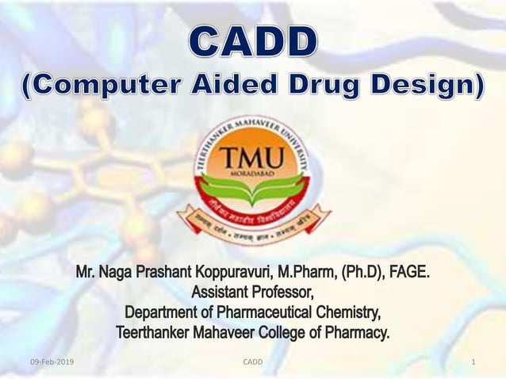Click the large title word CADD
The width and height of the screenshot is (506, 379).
tap(253, 43)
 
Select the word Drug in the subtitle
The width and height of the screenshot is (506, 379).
tap(337, 87)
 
